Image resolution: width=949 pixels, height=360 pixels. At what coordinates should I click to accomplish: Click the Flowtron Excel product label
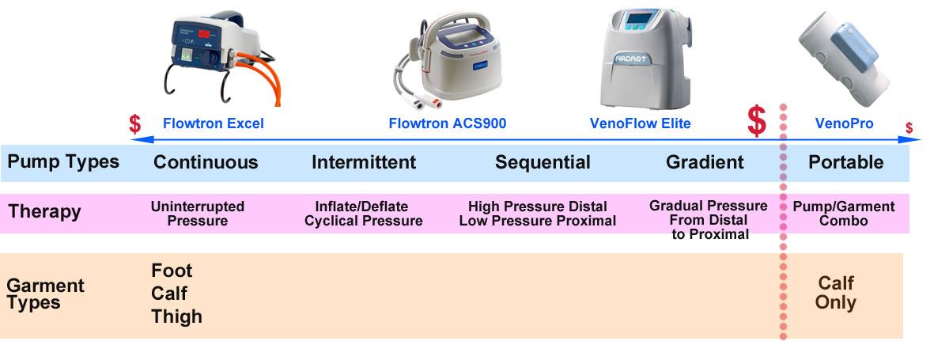coord(213,123)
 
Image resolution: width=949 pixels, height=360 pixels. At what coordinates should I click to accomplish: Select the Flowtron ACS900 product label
coord(447,123)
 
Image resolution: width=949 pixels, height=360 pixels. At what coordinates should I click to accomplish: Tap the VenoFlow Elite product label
coord(640,123)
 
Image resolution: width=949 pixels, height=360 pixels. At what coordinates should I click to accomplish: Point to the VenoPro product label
coord(843,123)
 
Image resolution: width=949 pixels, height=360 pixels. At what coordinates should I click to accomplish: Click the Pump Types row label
coord(63,162)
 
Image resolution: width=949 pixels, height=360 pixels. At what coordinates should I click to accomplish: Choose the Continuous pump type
coord(206,162)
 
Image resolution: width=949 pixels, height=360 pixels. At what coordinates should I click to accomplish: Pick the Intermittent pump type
coord(364,162)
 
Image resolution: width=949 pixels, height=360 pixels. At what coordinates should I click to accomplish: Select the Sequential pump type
coord(543,162)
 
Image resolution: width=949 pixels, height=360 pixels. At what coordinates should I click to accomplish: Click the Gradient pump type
coord(705,162)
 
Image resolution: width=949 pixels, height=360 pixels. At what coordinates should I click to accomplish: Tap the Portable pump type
coord(845,162)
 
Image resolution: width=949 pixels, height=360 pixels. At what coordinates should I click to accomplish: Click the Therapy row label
coord(44,212)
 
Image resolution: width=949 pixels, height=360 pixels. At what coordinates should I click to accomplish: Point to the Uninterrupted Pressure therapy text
coord(198,214)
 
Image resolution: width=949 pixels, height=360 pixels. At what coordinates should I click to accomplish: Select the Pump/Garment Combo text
coord(843,214)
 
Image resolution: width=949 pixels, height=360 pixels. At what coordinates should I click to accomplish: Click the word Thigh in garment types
coord(176,316)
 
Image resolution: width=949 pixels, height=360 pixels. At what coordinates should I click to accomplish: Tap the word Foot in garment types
coord(172,271)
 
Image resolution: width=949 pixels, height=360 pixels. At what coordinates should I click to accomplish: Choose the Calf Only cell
coord(836,293)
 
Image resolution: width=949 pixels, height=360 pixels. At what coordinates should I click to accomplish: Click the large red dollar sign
coord(757,121)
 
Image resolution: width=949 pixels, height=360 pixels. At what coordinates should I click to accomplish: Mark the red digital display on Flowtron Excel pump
coord(207,35)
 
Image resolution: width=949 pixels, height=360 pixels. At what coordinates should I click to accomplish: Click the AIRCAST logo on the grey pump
coord(637,58)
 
